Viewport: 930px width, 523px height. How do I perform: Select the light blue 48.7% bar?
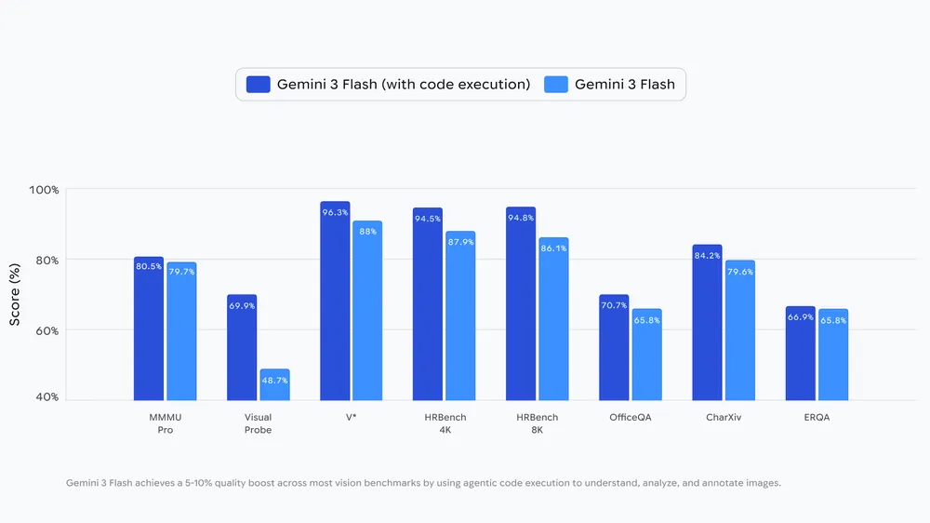point(274,385)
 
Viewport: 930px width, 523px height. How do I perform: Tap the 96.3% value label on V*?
point(335,212)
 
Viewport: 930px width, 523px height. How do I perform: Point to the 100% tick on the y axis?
point(43,190)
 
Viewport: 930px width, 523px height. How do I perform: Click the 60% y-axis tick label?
point(46,330)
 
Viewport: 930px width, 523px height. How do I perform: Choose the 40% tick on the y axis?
point(46,397)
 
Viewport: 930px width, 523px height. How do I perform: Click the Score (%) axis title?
point(15,294)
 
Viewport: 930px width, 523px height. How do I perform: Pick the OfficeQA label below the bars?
point(630,418)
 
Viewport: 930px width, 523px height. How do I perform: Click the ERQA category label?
point(816,418)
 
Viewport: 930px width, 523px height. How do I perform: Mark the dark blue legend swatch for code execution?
point(258,85)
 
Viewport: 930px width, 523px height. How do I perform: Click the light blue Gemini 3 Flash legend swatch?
point(555,85)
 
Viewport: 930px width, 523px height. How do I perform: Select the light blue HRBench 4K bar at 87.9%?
point(460,316)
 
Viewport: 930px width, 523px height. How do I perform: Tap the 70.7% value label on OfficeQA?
point(614,305)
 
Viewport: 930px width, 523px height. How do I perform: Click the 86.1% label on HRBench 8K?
point(553,248)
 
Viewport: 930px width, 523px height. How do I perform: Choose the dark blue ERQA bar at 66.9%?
point(800,354)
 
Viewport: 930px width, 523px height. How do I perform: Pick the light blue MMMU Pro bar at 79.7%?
point(181,331)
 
